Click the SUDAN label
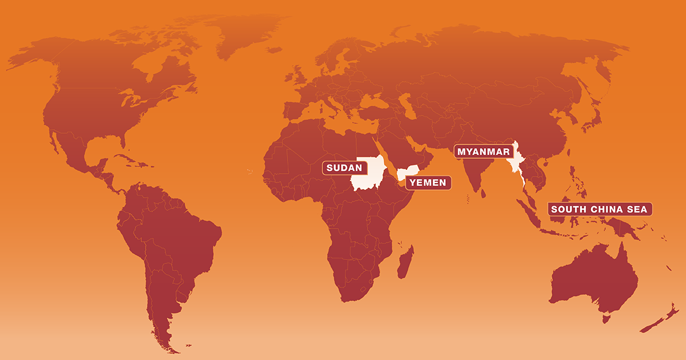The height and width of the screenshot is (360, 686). [x=344, y=168]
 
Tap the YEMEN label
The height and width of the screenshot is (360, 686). [x=429, y=183]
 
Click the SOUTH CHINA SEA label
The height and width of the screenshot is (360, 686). [x=599, y=209]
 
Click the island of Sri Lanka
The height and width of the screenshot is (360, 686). [x=484, y=193]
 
